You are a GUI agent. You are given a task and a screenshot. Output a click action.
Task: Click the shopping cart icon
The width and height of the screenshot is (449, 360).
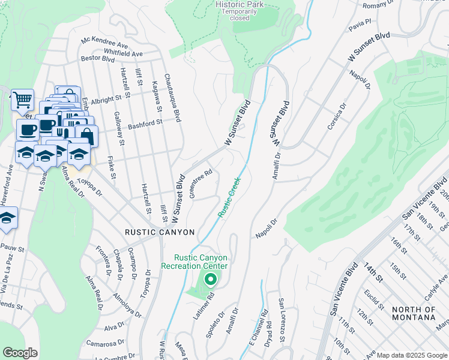point(22,99)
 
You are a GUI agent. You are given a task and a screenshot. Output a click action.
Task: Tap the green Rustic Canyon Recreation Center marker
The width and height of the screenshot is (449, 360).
point(210,279)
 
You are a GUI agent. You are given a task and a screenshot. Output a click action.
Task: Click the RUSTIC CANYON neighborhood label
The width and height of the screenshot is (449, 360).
point(160,232)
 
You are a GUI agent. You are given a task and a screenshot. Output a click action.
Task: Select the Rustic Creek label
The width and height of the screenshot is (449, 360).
point(229,197)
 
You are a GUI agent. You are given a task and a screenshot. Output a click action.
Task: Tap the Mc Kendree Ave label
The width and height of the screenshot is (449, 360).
point(105,44)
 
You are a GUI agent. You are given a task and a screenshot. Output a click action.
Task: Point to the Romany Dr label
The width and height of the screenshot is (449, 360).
point(378,5)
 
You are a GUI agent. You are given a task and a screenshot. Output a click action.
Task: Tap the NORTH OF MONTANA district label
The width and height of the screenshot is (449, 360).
point(414,313)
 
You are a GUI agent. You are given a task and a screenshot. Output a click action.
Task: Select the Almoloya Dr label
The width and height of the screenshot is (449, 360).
point(127,305)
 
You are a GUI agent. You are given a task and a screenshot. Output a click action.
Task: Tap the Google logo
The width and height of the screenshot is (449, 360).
point(20,353)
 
